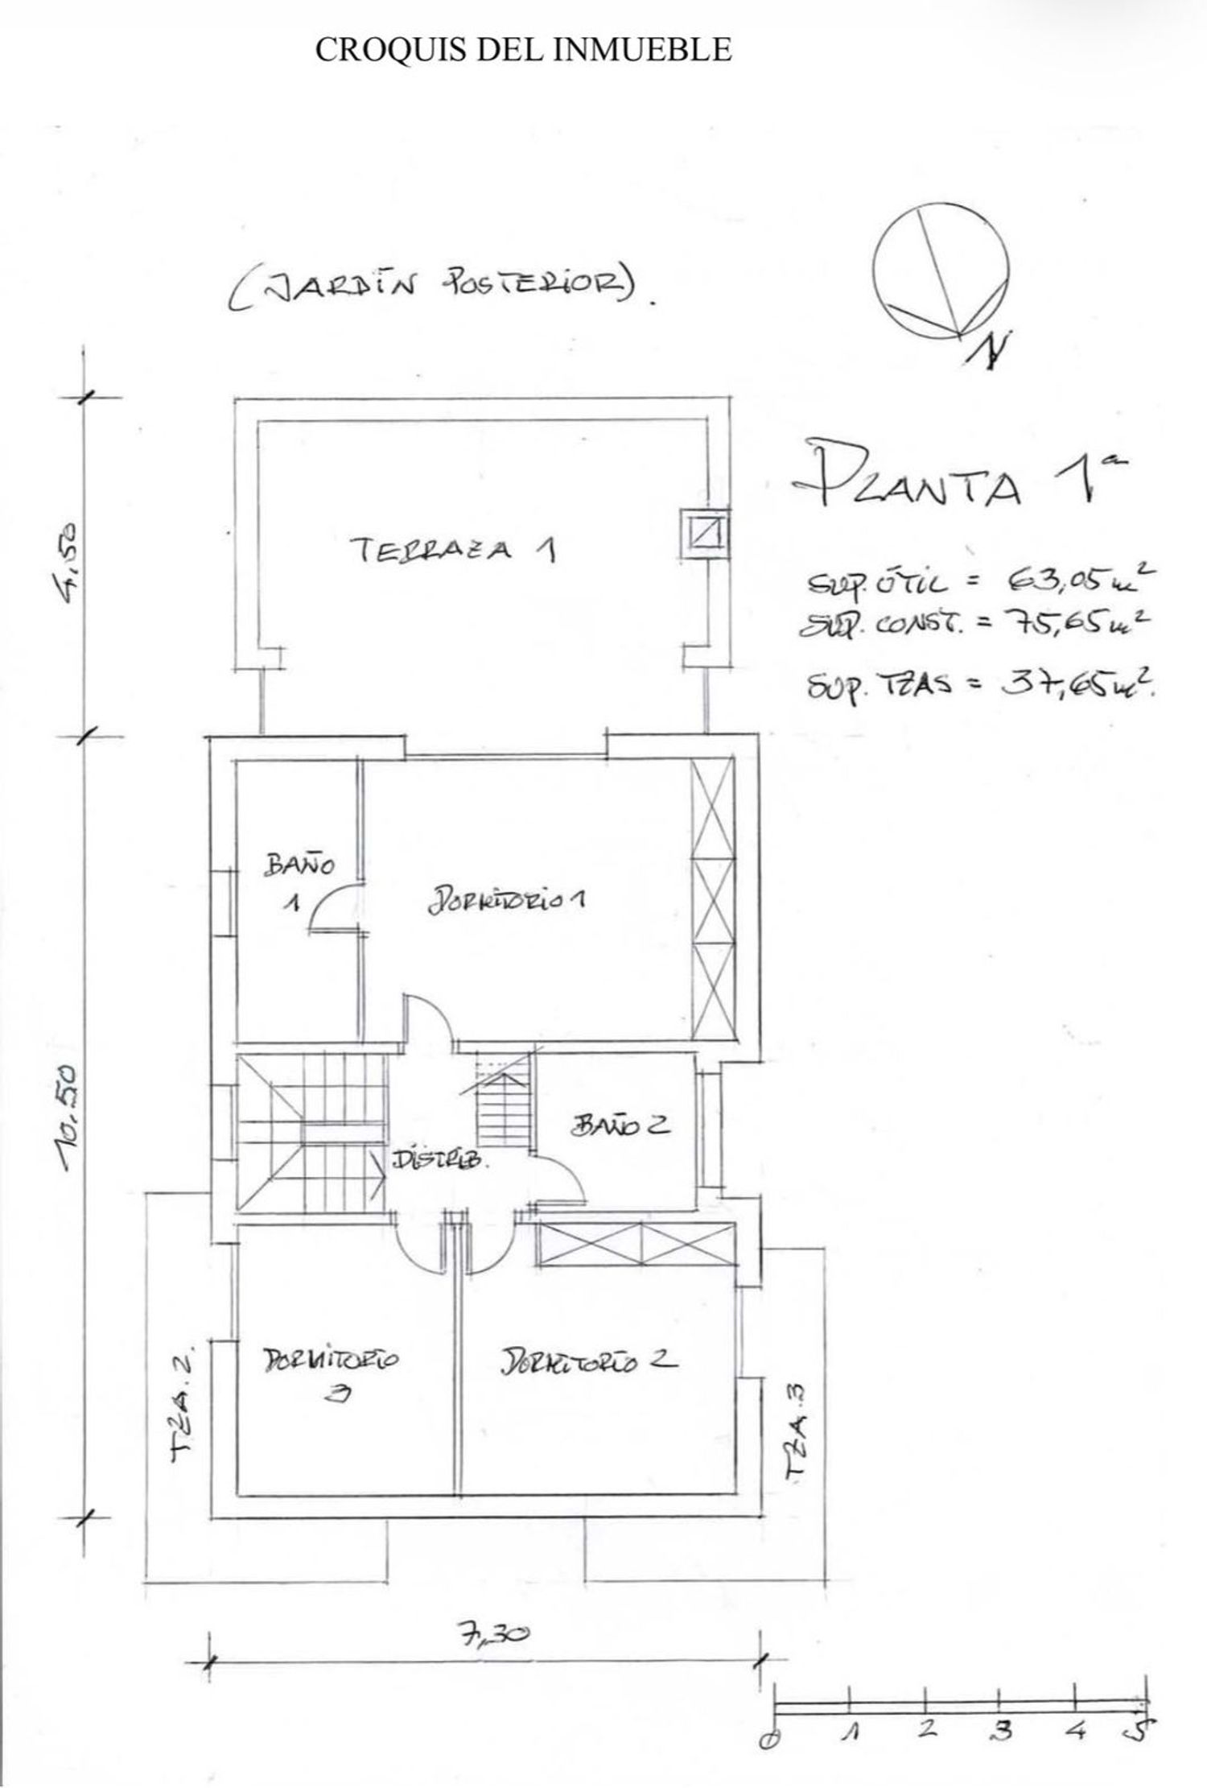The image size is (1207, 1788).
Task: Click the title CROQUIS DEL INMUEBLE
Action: tap(523, 50)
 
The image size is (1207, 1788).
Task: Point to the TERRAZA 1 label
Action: tap(455, 551)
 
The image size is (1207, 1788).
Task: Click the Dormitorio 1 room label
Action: tap(507, 900)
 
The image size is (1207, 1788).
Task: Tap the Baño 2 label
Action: tap(620, 1125)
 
